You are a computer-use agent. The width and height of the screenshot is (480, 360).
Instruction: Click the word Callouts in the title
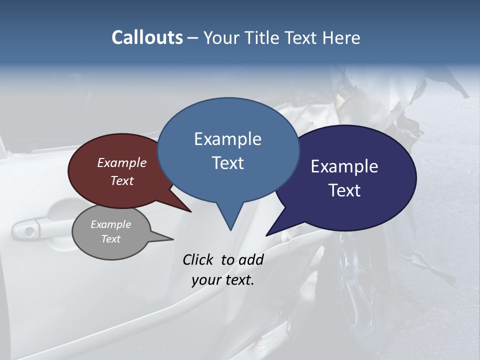147,37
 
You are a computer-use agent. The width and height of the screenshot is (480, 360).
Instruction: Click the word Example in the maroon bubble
121,162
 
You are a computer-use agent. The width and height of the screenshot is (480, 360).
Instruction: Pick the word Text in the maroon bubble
121,180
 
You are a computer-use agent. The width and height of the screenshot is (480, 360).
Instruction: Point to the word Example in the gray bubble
110,224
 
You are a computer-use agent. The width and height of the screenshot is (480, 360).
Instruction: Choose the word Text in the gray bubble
110,239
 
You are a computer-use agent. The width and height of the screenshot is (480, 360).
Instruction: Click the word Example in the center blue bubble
227,139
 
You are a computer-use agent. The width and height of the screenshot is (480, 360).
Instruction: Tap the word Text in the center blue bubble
227,163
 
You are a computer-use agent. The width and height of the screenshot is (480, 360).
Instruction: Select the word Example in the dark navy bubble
344,166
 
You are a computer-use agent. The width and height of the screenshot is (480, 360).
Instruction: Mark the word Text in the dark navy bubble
344,190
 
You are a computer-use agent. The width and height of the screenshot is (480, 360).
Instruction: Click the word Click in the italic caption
198,259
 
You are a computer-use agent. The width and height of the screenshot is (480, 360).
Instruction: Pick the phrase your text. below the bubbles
222,280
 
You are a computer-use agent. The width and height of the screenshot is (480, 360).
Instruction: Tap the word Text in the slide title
301,37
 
